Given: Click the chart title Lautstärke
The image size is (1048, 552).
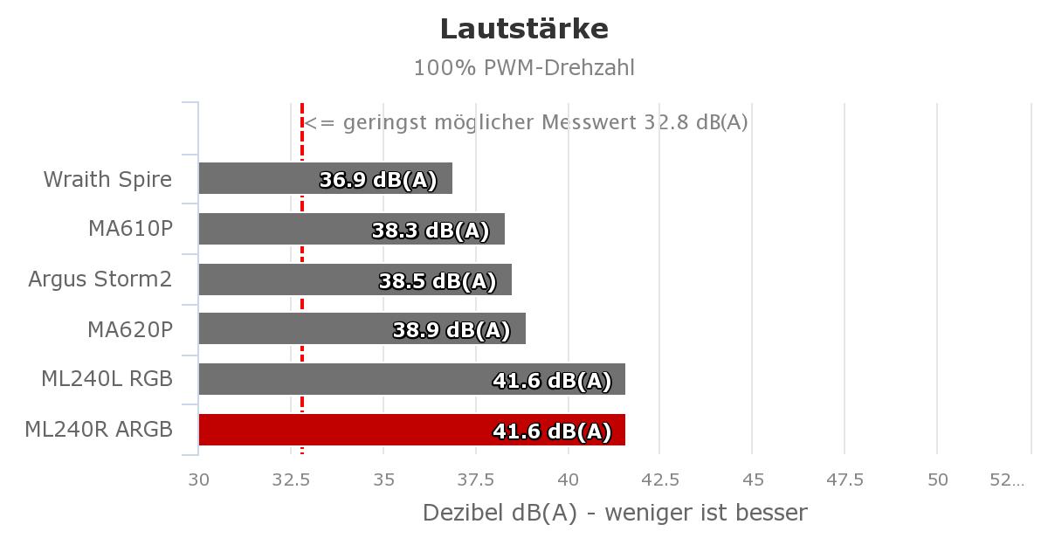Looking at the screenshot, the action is pos(524,29).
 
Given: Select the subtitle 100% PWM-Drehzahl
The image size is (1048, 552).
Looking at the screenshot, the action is pos(524,68).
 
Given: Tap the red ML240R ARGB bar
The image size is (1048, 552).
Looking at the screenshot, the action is pos(412,430).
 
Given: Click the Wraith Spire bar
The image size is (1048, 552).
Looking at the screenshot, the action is pos(326,178).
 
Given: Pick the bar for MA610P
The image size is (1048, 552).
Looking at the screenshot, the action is pos(352,229).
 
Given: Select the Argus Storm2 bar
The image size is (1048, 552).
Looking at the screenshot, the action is pos(355,279).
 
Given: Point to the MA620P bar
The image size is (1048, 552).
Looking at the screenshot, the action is pos(362,328).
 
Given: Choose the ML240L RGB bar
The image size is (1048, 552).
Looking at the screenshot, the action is pos(412,379).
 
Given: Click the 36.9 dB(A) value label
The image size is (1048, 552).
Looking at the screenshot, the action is pos(378,180).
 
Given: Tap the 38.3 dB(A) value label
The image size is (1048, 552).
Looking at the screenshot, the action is pos(431,231).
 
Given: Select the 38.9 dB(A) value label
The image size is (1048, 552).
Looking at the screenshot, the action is pos(452,330).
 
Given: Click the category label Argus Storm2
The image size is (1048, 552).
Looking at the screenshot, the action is pos(100,279).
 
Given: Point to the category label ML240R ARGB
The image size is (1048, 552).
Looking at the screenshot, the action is pos(99,430).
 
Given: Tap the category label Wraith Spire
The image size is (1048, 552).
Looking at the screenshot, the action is pos(107,180).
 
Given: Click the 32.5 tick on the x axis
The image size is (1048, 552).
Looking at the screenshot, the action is pos(291,480).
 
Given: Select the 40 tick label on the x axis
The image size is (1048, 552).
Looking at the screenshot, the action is pos(569,480).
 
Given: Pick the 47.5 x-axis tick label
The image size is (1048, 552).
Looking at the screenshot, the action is pos(845,480).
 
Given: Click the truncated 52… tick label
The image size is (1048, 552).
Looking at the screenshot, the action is pos(1007,480).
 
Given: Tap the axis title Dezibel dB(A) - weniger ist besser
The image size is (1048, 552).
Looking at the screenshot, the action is pos(615,514).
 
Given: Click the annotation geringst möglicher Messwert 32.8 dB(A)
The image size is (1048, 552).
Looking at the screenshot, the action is pos(546,122).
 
